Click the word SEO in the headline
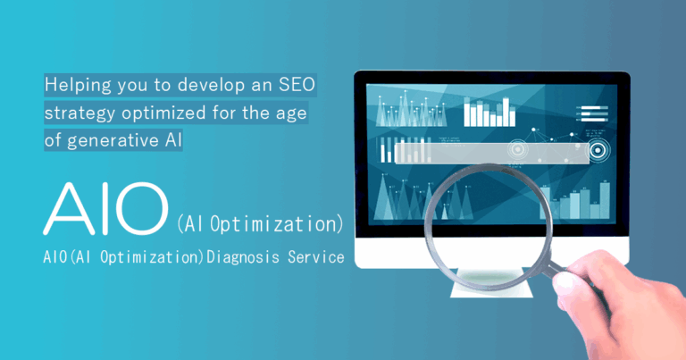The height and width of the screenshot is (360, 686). [297, 86]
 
